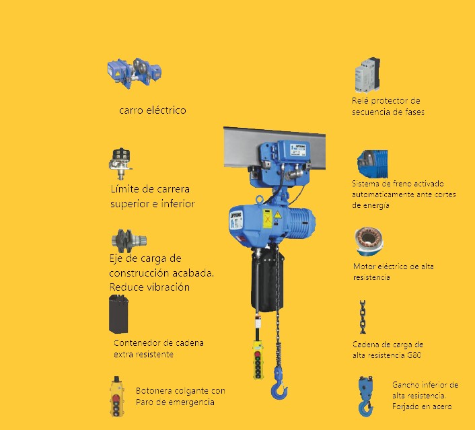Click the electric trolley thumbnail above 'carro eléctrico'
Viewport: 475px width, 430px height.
134,73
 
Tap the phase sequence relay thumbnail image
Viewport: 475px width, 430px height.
367,75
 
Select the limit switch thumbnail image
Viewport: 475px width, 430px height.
120,164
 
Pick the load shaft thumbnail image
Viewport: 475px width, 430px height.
129,241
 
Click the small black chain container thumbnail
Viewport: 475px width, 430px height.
118,314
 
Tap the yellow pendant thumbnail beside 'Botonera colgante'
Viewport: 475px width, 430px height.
116,396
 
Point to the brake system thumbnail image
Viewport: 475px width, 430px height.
372,164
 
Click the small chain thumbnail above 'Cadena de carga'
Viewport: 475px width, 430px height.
363,317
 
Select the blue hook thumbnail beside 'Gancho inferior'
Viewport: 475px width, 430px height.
365,396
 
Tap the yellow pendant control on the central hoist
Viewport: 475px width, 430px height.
258,360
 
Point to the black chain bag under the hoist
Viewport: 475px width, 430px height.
267,281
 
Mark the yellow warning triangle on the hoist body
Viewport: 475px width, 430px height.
277,215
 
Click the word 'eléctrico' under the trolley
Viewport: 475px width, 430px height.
166,110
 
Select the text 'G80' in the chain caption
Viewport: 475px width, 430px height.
414,355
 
